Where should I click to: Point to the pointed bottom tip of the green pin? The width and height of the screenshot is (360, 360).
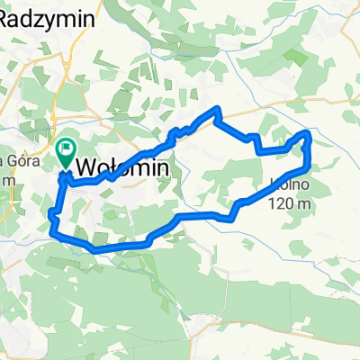tap(67, 166)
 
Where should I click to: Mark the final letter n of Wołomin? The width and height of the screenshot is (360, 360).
tap(163, 167)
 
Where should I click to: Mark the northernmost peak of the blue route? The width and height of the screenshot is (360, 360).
tap(217, 109)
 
